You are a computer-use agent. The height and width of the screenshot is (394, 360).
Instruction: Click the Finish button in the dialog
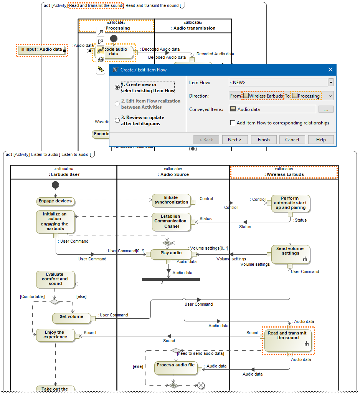coord(264,140)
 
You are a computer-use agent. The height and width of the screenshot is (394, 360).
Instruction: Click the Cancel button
coord(292,140)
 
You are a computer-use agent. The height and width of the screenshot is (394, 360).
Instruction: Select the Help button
coord(321,140)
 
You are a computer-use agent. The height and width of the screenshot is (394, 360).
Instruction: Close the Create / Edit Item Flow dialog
coord(330,70)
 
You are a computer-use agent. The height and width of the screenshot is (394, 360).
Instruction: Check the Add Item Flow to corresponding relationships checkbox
coord(233,123)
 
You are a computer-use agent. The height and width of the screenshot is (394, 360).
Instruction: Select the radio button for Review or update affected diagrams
coord(117,120)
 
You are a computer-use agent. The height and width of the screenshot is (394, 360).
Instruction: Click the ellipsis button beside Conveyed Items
coord(326,109)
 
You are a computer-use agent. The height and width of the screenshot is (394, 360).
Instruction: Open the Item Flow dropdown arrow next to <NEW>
coord(331,82)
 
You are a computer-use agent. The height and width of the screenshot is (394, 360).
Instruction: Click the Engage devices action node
coord(55,201)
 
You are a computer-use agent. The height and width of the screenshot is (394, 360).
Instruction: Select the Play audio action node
coord(171,253)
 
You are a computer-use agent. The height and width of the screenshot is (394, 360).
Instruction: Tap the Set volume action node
coord(71,317)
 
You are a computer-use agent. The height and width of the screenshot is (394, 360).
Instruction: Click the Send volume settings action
coord(290,254)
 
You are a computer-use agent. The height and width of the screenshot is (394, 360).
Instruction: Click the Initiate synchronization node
coord(171,200)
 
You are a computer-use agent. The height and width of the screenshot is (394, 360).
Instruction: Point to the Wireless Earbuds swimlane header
coord(284,172)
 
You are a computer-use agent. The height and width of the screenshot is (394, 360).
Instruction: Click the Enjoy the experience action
coord(55,335)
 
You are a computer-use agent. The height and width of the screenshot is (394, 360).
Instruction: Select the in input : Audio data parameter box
coord(42,50)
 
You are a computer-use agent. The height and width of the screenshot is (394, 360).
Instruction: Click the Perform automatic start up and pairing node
coord(290,204)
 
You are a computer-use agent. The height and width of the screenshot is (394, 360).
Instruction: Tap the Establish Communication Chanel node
coord(171,222)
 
